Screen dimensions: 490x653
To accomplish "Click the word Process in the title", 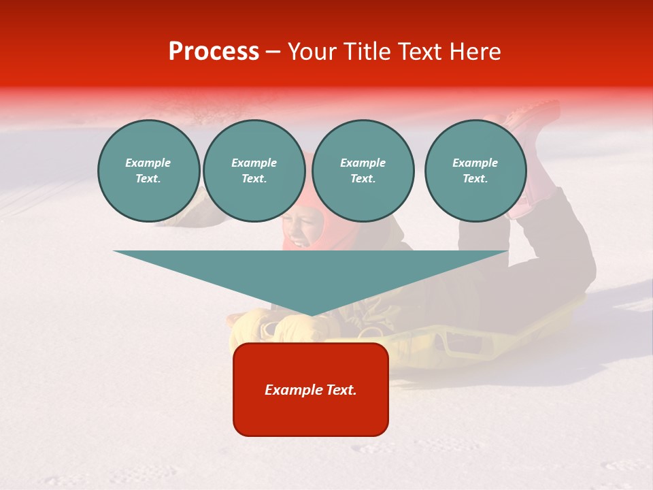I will pyautogui.click(x=214, y=52).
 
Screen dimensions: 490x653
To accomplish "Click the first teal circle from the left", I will pyautogui.click(x=148, y=170).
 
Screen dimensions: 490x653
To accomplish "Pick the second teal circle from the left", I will pyautogui.click(x=254, y=170).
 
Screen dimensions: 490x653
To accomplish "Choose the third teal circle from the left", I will pyautogui.click(x=363, y=170).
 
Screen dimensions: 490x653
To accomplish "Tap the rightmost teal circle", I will pyautogui.click(x=475, y=170).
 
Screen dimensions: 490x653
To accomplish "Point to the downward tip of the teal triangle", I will pyautogui.click(x=311, y=314).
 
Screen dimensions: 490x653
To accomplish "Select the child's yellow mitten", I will pyautogui.click(x=299, y=329).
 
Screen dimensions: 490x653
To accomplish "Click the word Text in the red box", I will pyautogui.click(x=341, y=390).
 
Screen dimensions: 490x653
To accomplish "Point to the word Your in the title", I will pyautogui.click(x=312, y=52).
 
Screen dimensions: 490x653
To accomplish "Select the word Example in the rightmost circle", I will pyautogui.click(x=475, y=163).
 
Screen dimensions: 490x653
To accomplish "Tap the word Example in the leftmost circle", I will pyautogui.click(x=148, y=163).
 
